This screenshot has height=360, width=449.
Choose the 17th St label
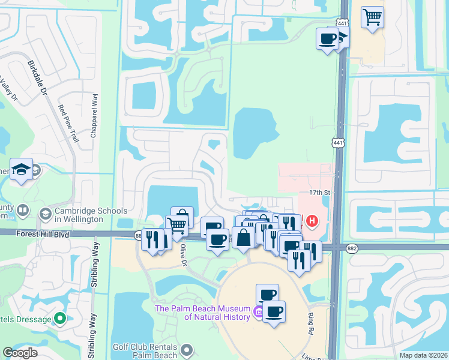click(320, 192)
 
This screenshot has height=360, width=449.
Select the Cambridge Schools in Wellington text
click(90, 214)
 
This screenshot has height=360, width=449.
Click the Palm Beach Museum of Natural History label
click(202, 312)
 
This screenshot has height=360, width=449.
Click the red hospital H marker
click(312, 221)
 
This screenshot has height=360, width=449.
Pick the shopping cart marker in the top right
click(373, 16)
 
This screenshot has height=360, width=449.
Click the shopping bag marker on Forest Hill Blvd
click(244, 238)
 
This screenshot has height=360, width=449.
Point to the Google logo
click(20, 353)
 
